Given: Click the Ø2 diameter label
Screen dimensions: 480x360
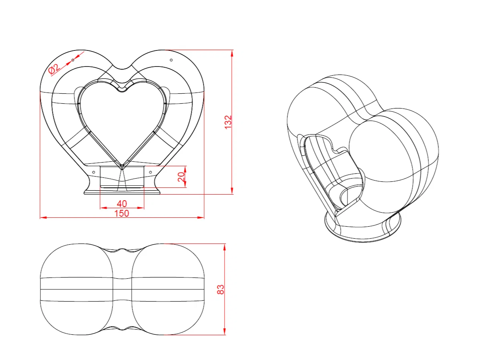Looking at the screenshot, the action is pyautogui.click(x=54, y=69).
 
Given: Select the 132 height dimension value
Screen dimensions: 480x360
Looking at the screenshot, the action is pyautogui.click(x=228, y=122).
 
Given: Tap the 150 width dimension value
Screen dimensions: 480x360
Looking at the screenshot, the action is pyautogui.click(x=122, y=213).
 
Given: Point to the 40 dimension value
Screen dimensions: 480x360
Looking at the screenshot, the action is pyautogui.click(x=122, y=203).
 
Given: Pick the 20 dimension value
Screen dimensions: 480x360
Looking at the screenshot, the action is pyautogui.click(x=181, y=177).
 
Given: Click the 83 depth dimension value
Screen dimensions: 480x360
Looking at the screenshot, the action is pyautogui.click(x=221, y=289).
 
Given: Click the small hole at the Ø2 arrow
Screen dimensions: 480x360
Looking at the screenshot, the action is pyautogui.click(x=73, y=60).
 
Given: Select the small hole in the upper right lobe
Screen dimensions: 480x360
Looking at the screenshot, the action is pyautogui.click(x=171, y=60).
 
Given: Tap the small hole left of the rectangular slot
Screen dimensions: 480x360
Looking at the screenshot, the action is pyautogui.click(x=94, y=172).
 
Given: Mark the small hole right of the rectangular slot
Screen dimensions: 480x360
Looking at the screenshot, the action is pyautogui.click(x=150, y=172).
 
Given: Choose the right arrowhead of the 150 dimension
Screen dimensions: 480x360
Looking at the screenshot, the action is pyautogui.click(x=201, y=218).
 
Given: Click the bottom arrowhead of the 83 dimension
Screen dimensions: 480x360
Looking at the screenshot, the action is pyautogui.click(x=225, y=331).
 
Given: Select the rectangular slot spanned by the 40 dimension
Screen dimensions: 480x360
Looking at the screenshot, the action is pyautogui.click(x=122, y=177).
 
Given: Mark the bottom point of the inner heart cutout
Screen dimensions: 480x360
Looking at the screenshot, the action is pyautogui.click(x=122, y=166).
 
